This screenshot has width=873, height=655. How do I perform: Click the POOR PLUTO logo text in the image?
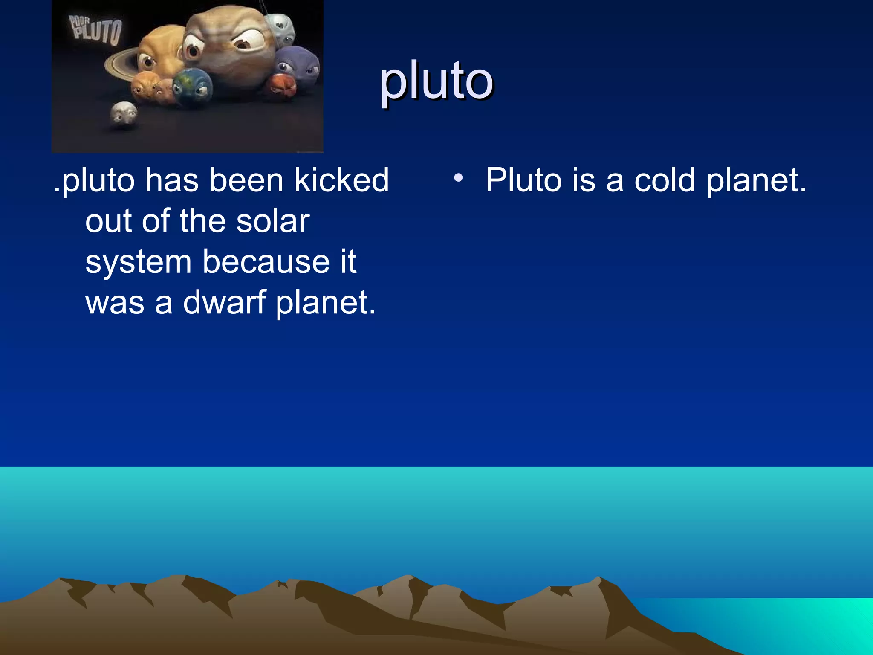click(95, 30)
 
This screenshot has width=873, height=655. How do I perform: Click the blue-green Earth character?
click(192, 87)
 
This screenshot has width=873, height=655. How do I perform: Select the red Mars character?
click(281, 85)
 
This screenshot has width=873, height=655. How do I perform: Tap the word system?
click(138, 262)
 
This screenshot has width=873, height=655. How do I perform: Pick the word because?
click(266, 262)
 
